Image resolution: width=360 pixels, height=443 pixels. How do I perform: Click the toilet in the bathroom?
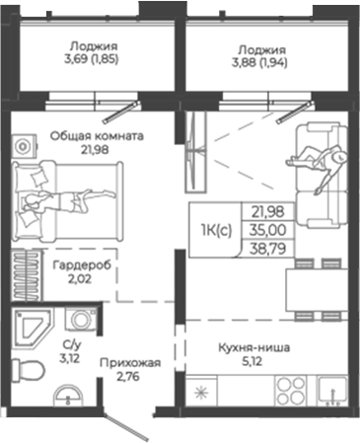pyautogui.click(x=33, y=371)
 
